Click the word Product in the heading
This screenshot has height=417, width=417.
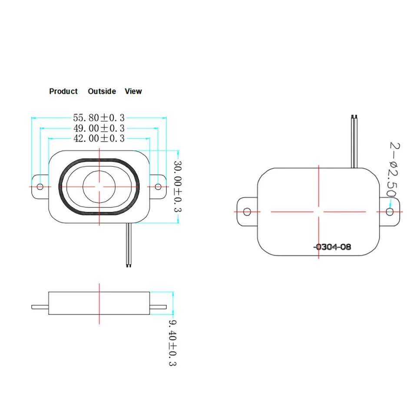[x=63, y=91]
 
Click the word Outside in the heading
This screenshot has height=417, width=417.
[x=102, y=91]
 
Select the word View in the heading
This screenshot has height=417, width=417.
[x=133, y=91]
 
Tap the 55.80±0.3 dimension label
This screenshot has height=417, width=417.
[x=99, y=118]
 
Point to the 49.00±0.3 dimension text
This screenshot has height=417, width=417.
[x=99, y=128]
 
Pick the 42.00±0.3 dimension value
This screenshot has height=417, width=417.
[x=99, y=138]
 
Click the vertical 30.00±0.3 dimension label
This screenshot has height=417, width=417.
[x=178, y=186]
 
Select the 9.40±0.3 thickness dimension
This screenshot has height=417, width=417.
[x=172, y=343]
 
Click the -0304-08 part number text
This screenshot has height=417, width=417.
[x=332, y=247]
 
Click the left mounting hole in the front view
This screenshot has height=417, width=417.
[x=40, y=187]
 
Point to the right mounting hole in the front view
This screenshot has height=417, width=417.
[x=158, y=187]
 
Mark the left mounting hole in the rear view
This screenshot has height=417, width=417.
[x=247, y=212]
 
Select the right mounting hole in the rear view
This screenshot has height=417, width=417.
[x=390, y=212]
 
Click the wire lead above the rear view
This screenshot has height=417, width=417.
[x=354, y=141]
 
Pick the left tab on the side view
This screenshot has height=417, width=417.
[x=40, y=307]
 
